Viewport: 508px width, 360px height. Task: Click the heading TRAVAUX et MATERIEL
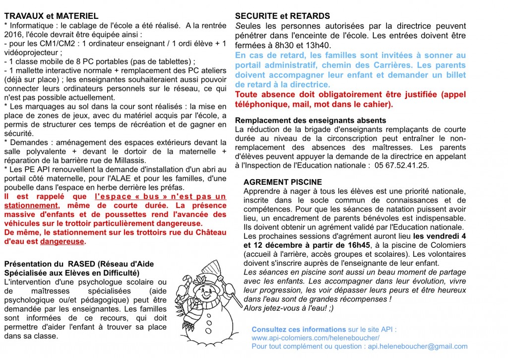pyautogui.click(x=51, y=16)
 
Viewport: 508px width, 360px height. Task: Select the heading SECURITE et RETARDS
pyautogui.click(x=282, y=16)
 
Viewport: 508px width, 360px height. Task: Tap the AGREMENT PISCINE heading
pyautogui.click(x=283, y=182)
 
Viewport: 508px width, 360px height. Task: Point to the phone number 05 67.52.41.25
pyautogui.click(x=402, y=165)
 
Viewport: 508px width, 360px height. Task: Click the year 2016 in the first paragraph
pyautogui.click(x=12, y=35)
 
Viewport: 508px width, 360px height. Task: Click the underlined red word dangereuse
pyautogui.click(x=62, y=242)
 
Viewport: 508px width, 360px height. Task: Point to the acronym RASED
pyautogui.click(x=83, y=264)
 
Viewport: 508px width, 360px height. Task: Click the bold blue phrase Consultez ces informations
pyautogui.click(x=299, y=329)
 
